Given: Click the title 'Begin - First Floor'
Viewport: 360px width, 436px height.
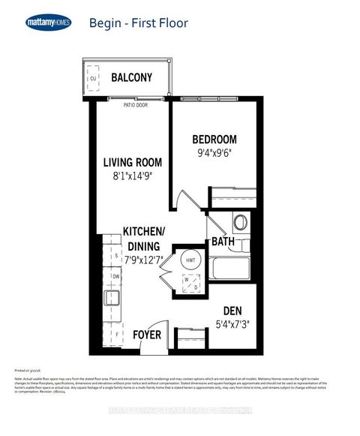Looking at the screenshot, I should coord(138,23).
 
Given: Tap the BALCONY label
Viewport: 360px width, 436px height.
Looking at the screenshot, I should coord(131,77).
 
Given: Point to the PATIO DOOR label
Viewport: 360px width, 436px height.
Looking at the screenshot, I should coord(135,106).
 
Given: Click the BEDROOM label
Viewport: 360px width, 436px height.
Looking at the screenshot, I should coord(214,140).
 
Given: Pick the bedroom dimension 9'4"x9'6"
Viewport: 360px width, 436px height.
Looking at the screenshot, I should coord(214,156).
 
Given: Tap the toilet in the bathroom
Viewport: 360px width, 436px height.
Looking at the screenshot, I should coord(241,224).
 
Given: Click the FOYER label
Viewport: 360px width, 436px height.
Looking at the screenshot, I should coord(146,334).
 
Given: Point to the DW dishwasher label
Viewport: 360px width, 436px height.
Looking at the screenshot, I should coord(115,277).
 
